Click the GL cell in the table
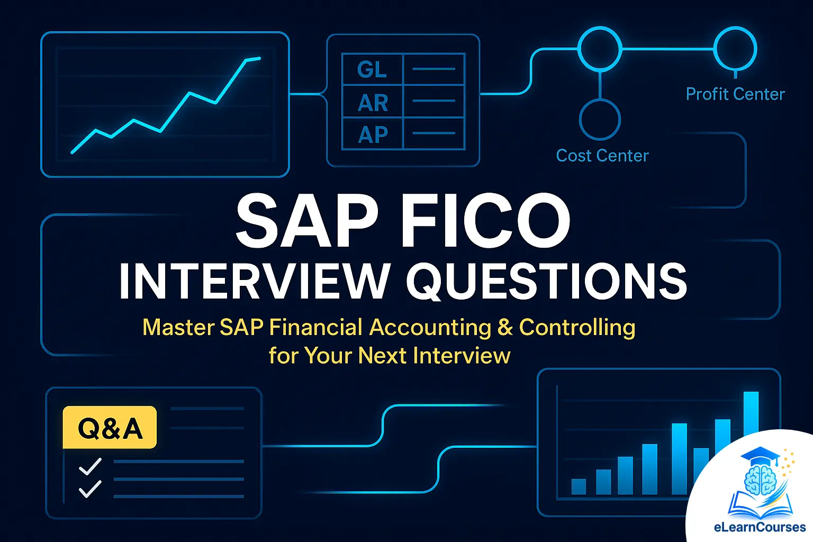372,69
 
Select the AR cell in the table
373,102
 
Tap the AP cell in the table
373,134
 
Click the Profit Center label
735,94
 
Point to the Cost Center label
602,156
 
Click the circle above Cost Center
600,120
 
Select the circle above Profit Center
735,49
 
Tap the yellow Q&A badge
110,428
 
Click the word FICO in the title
485,221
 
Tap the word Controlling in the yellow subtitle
577,327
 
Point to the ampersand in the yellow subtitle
505,327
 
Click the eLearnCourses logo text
759,527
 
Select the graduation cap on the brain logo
760,455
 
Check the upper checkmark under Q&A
90,466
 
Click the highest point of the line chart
259,58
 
